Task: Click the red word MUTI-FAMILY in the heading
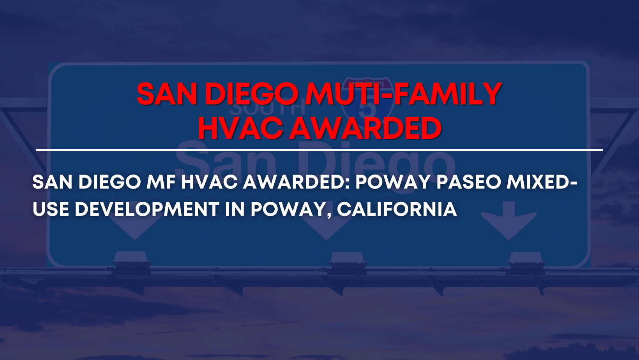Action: pyautogui.click(x=403, y=94)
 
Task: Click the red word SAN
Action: pyautogui.click(x=167, y=94)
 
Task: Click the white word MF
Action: pyautogui.click(x=161, y=182)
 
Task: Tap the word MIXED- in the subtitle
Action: pyautogui.click(x=542, y=182)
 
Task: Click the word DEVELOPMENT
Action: pyautogui.click(x=147, y=209)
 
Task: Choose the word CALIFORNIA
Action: pyautogui.click(x=397, y=209)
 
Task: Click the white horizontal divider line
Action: pyautogui.click(x=319, y=150)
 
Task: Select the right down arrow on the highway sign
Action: pyautogui.click(x=508, y=221)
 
